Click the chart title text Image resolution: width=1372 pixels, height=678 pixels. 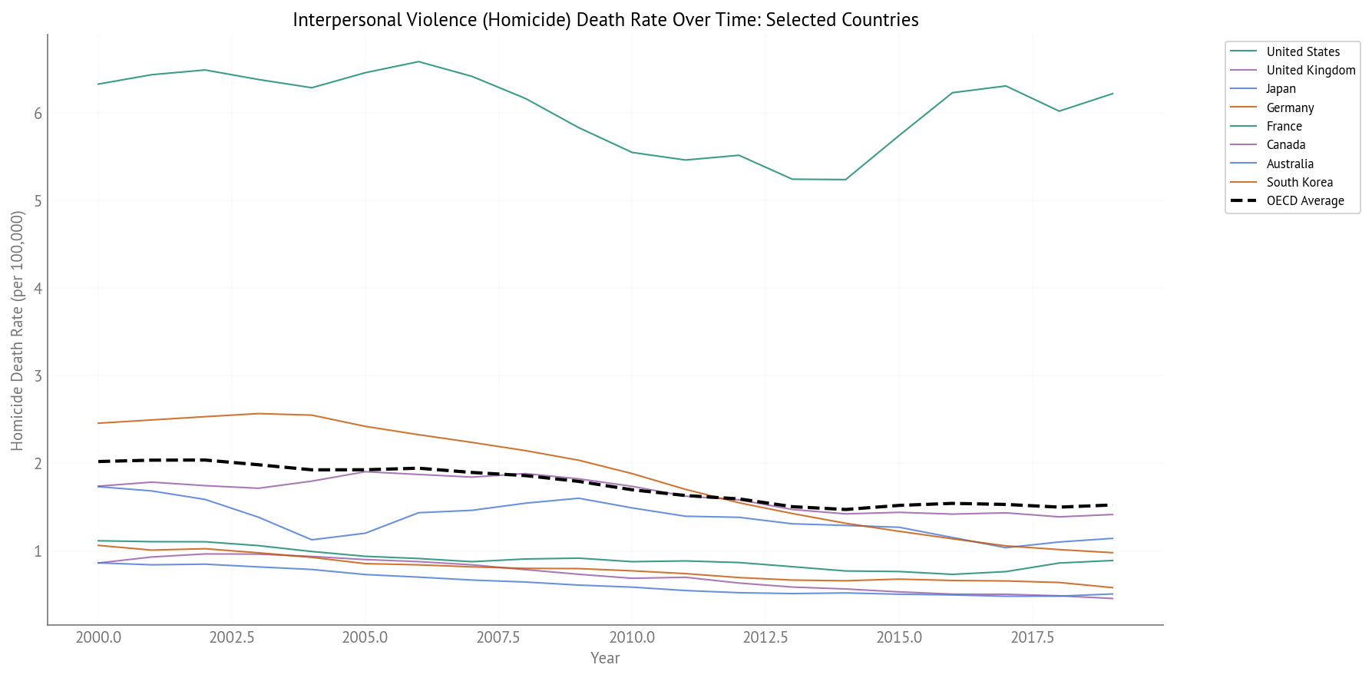605,20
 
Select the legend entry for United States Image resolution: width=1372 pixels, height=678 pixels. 1302,52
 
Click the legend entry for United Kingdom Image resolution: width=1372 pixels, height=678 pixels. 1311,71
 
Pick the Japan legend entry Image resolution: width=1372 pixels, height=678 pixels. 1281,89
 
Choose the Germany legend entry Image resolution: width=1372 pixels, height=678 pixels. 1290,108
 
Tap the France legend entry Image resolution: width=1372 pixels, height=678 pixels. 1284,127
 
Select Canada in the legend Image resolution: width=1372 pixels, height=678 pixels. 1285,145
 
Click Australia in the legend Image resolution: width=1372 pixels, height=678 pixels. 1290,164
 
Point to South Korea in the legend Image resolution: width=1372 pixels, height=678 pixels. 1299,183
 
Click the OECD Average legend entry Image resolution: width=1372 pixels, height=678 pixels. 1304,201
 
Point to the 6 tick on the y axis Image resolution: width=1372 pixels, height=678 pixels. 37,114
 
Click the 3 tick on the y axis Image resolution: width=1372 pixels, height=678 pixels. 37,376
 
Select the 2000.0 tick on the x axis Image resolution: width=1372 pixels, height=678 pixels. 98,638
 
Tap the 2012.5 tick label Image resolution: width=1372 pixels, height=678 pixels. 765,638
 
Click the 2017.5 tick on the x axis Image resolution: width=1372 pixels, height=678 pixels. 1032,638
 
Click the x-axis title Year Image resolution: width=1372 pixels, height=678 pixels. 605,658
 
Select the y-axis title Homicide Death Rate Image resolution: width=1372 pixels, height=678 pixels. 18,330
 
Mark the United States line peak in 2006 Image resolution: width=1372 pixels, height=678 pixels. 418,61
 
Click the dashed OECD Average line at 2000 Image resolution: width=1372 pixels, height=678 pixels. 99,461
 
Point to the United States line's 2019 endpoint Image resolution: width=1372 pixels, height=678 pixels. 1112,94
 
